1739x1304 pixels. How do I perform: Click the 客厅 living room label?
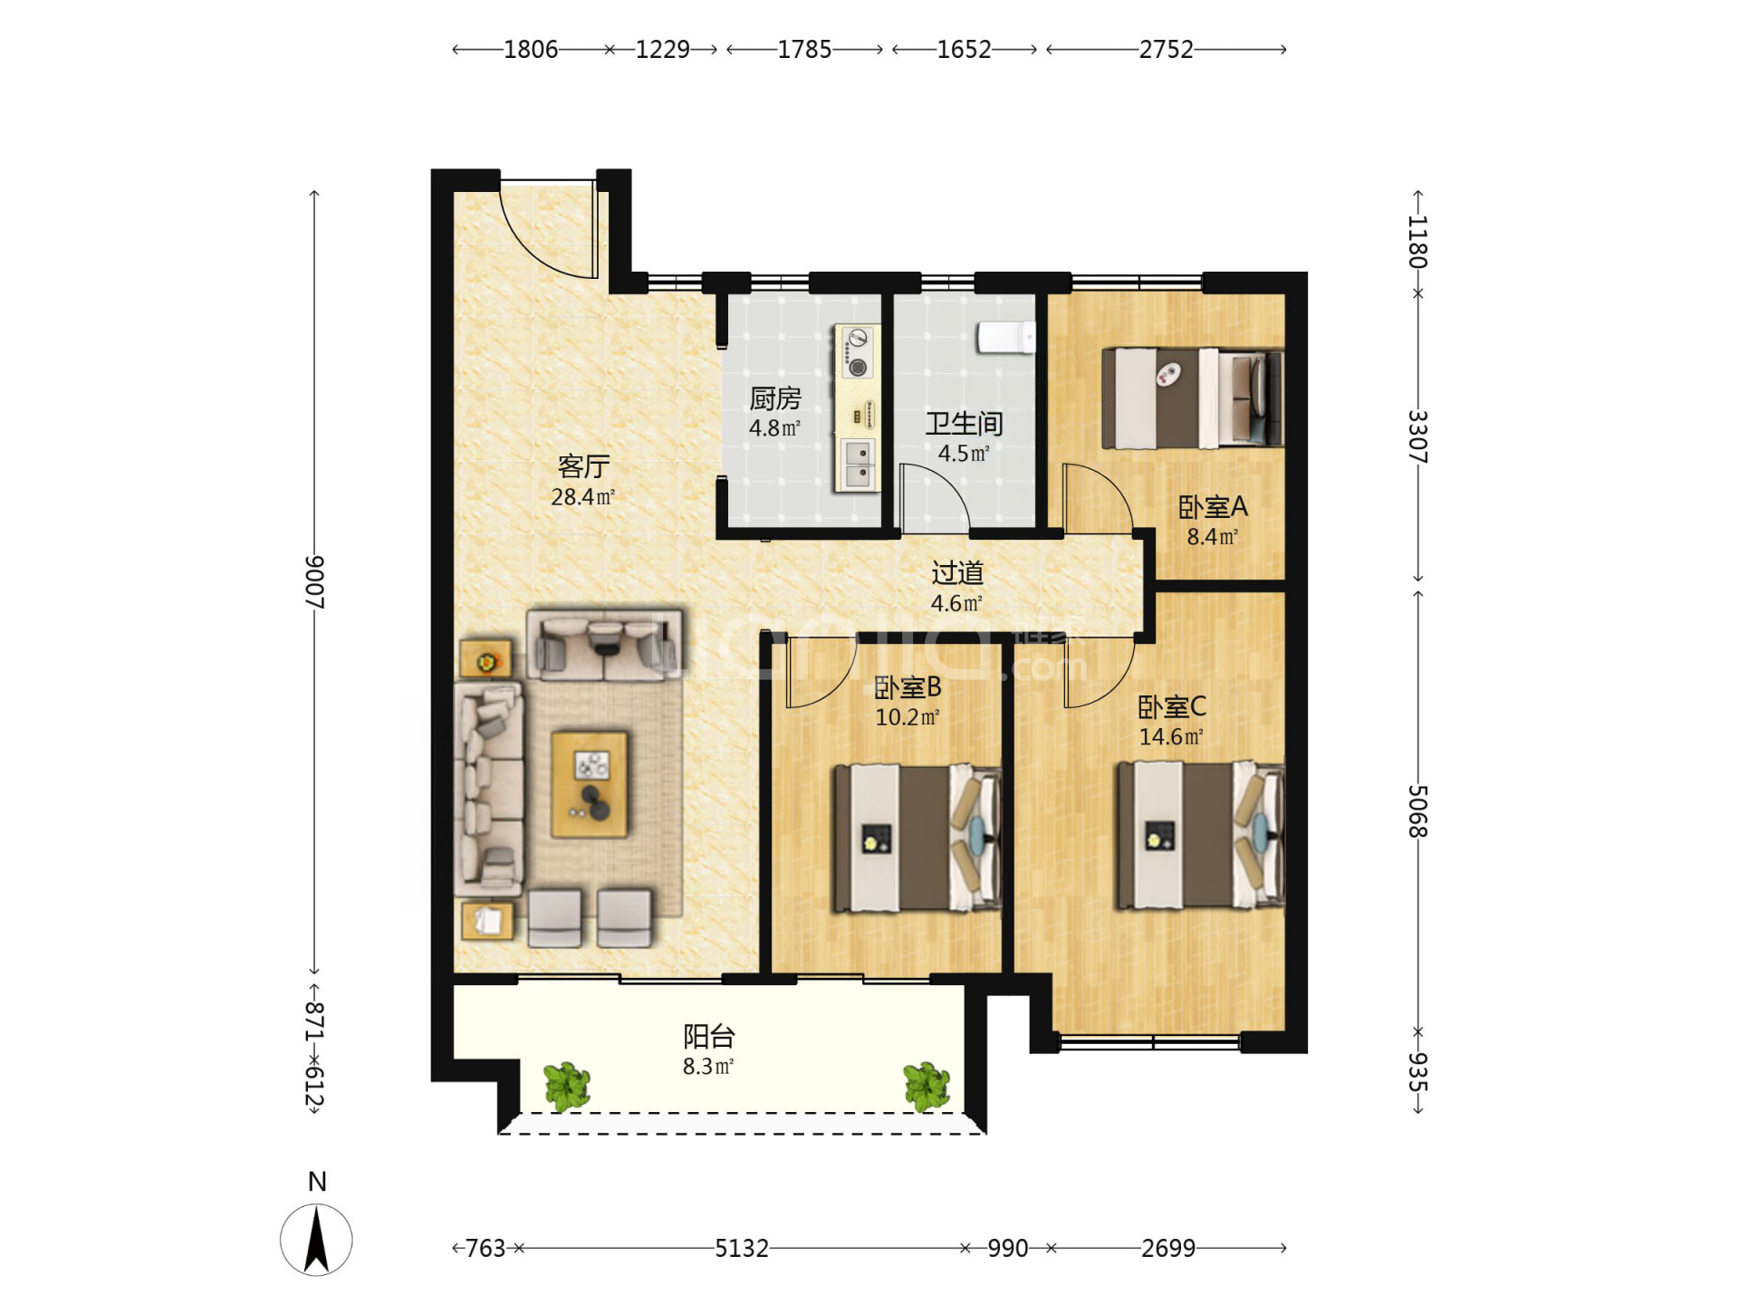point(583,466)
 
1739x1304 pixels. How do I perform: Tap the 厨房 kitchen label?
point(775,398)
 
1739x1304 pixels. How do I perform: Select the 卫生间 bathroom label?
point(964,423)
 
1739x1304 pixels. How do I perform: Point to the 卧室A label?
point(1213,506)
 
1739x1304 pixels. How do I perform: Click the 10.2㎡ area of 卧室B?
point(908,718)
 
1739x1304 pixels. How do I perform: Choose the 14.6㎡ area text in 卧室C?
point(1171,737)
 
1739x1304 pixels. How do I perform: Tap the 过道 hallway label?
point(957,572)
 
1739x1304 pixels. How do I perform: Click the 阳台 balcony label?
point(708,1035)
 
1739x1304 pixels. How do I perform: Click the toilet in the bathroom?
point(1005,338)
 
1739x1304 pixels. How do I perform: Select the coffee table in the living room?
point(590,784)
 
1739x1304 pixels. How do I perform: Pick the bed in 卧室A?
point(1192,398)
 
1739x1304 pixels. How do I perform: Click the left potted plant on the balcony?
point(567,1086)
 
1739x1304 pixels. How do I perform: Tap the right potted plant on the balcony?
point(927,1086)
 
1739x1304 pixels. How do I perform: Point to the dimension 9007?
point(314,582)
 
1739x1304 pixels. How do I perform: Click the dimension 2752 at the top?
point(1166,50)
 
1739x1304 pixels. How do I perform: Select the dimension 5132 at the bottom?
point(742,1249)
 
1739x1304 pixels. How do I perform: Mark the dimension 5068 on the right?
point(1418,811)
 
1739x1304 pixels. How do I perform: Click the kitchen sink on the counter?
point(857,464)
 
